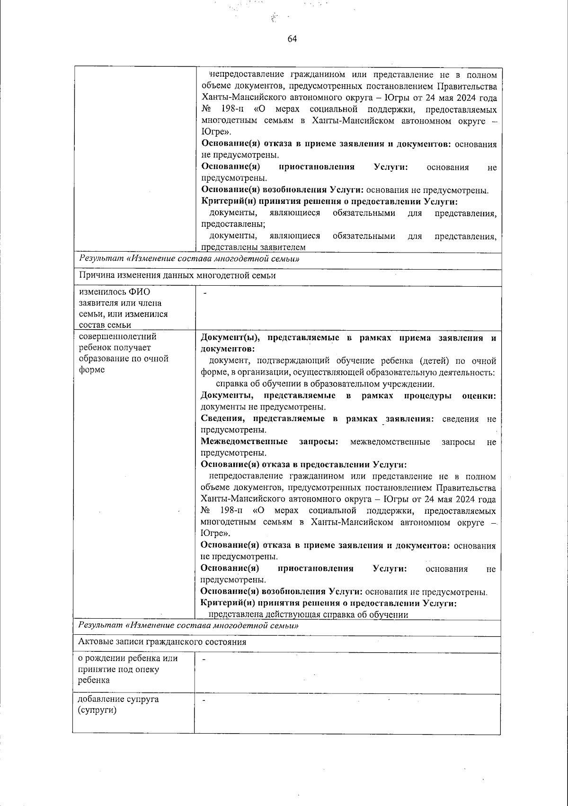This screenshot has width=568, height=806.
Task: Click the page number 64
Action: (292, 39)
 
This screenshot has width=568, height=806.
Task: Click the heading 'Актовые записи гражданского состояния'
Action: (162, 642)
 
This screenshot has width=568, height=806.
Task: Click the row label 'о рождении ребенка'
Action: (128, 669)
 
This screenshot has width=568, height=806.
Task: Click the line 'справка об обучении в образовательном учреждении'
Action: (325, 384)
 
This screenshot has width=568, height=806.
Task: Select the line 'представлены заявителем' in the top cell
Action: (253, 247)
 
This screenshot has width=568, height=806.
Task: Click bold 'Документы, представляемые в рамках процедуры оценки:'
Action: (348, 395)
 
